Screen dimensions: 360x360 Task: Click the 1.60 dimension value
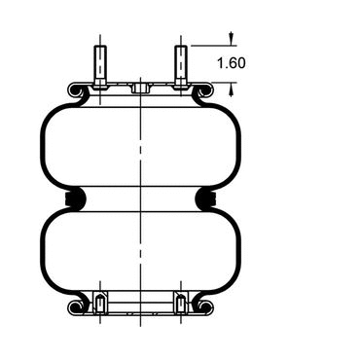pyautogui.click(x=231, y=63)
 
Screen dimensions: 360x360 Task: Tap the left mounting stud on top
pyautogui.click(x=100, y=65)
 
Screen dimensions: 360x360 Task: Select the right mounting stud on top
pyautogui.click(x=181, y=65)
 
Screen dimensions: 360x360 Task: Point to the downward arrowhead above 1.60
pyautogui.click(x=231, y=39)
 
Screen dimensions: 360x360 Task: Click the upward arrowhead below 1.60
pyautogui.click(x=231, y=89)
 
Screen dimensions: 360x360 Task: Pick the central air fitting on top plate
pyautogui.click(x=140, y=88)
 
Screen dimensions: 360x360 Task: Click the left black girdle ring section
pyautogui.click(x=75, y=198)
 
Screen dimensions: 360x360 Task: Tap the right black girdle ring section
pyautogui.click(x=206, y=198)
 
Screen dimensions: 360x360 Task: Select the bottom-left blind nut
pyautogui.click(x=100, y=303)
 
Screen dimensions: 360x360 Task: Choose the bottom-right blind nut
pyautogui.click(x=181, y=303)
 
